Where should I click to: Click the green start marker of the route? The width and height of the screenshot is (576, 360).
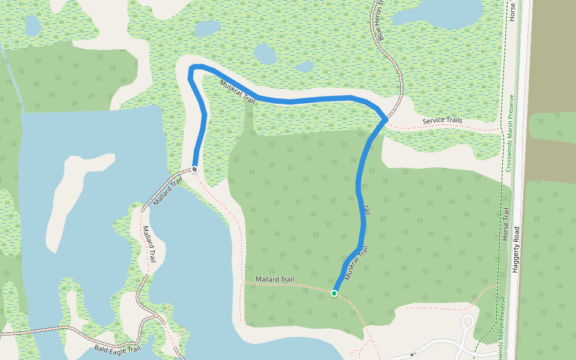point(334,293)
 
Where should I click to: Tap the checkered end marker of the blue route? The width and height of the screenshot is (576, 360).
point(195,169)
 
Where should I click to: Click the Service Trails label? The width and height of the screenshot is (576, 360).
point(442,121)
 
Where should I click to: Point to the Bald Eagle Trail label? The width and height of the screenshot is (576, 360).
point(117,348)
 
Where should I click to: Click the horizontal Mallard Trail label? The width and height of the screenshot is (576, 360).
point(274,280)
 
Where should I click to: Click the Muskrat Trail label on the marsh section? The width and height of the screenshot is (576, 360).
point(237,92)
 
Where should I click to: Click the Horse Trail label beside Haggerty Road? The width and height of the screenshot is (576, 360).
point(506,224)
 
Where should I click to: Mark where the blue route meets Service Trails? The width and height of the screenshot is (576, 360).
point(385,120)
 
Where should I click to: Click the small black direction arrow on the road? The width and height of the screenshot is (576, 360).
point(412,354)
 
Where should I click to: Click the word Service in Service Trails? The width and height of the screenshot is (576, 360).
point(433,121)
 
